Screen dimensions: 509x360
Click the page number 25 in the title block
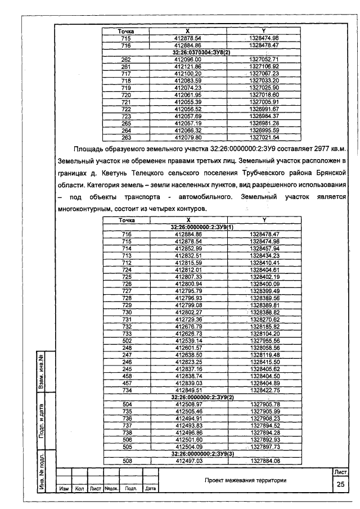point(339,485)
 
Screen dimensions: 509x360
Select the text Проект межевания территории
point(246,480)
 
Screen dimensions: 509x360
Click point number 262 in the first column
point(126,59)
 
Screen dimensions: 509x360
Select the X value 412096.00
point(188,59)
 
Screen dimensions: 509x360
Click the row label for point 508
point(126,461)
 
